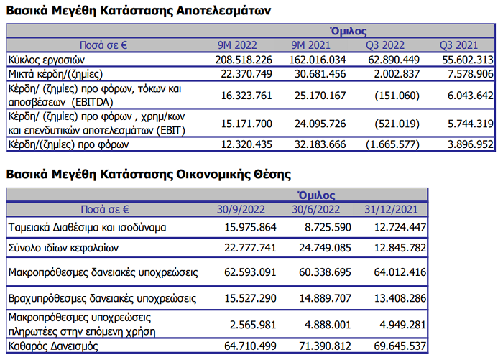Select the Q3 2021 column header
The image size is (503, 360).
(x=457, y=45)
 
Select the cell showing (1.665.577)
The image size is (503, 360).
(x=391, y=144)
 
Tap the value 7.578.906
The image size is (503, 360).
(x=466, y=74)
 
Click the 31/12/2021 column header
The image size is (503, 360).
(x=392, y=210)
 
